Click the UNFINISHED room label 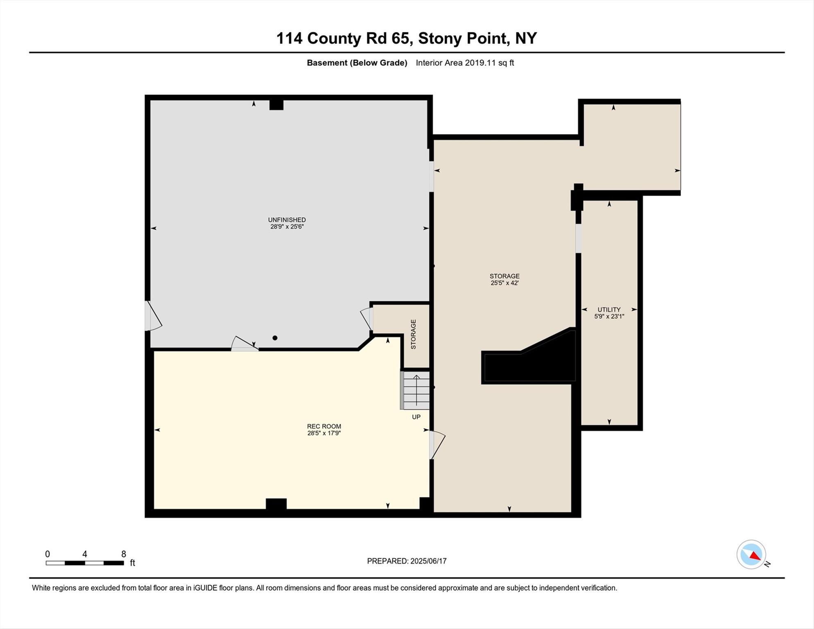(287, 220)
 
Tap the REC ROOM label (324, 426)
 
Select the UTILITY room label (609, 310)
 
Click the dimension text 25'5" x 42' (504, 283)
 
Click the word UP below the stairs (416, 417)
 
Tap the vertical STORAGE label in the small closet (413, 334)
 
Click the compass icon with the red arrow (751, 554)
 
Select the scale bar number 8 (124, 554)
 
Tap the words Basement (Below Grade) (357, 63)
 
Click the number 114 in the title (289, 38)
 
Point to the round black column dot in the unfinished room (275, 338)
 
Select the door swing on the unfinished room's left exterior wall (154, 317)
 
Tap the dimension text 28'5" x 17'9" (324, 433)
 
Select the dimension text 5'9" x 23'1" (609, 317)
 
